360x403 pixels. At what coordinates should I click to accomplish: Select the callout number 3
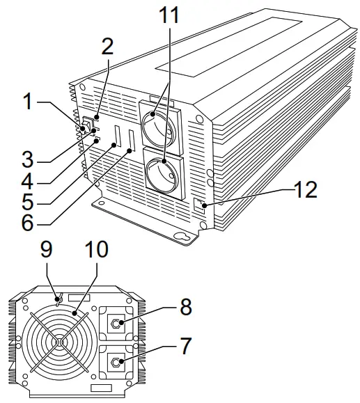(x=26, y=158)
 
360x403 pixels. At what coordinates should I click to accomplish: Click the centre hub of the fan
(x=61, y=342)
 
